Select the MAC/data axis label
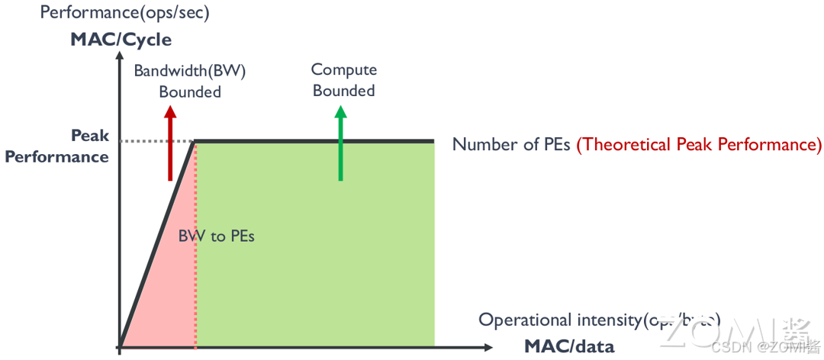pyautogui.click(x=568, y=346)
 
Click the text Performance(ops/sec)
pyautogui.click(x=124, y=13)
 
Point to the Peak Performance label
pyautogui.click(x=58, y=146)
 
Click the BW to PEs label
pyautogui.click(x=216, y=236)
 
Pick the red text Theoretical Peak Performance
pyautogui.click(x=699, y=144)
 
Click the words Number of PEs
pyautogui.click(x=511, y=144)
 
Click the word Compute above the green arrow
pyautogui.click(x=344, y=70)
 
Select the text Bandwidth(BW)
pyautogui.click(x=190, y=71)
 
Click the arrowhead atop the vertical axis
pyautogui.click(x=119, y=61)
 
